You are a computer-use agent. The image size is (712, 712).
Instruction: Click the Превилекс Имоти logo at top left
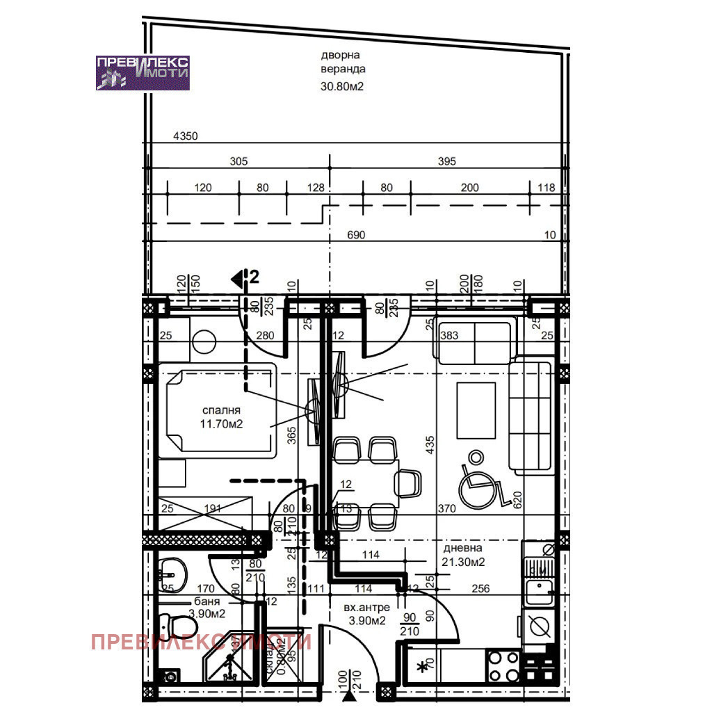click(143, 72)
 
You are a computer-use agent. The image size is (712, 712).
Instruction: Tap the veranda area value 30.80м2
click(342, 87)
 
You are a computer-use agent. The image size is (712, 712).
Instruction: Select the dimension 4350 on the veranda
click(186, 137)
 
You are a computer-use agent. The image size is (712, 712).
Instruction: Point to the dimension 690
click(355, 235)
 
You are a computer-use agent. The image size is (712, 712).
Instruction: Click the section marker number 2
click(254, 278)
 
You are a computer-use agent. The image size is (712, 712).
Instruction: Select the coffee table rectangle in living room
click(476, 410)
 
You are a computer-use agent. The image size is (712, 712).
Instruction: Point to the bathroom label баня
click(207, 602)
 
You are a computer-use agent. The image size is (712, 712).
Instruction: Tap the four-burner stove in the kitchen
click(503, 666)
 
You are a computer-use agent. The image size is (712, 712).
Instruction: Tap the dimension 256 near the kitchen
click(480, 588)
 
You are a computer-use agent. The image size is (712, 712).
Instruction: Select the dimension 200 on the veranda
click(470, 188)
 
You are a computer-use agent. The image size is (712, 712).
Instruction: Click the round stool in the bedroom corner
click(205, 341)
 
